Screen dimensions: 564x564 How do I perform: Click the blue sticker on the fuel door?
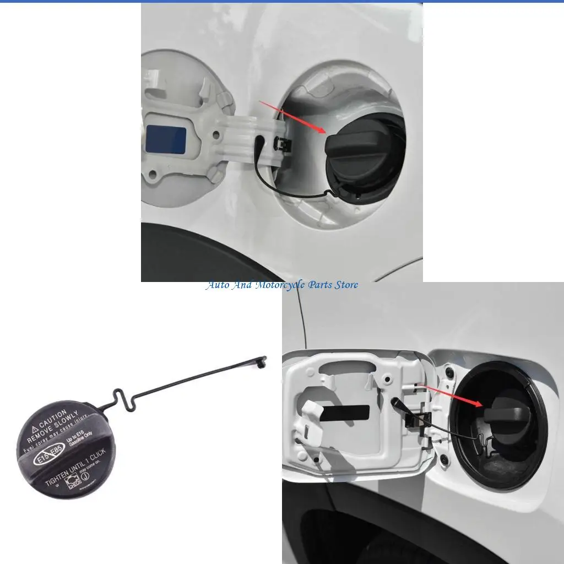tap(166, 139)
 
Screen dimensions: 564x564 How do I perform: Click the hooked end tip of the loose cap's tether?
tap(263, 361)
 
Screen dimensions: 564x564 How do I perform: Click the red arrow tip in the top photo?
tap(326, 132)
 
